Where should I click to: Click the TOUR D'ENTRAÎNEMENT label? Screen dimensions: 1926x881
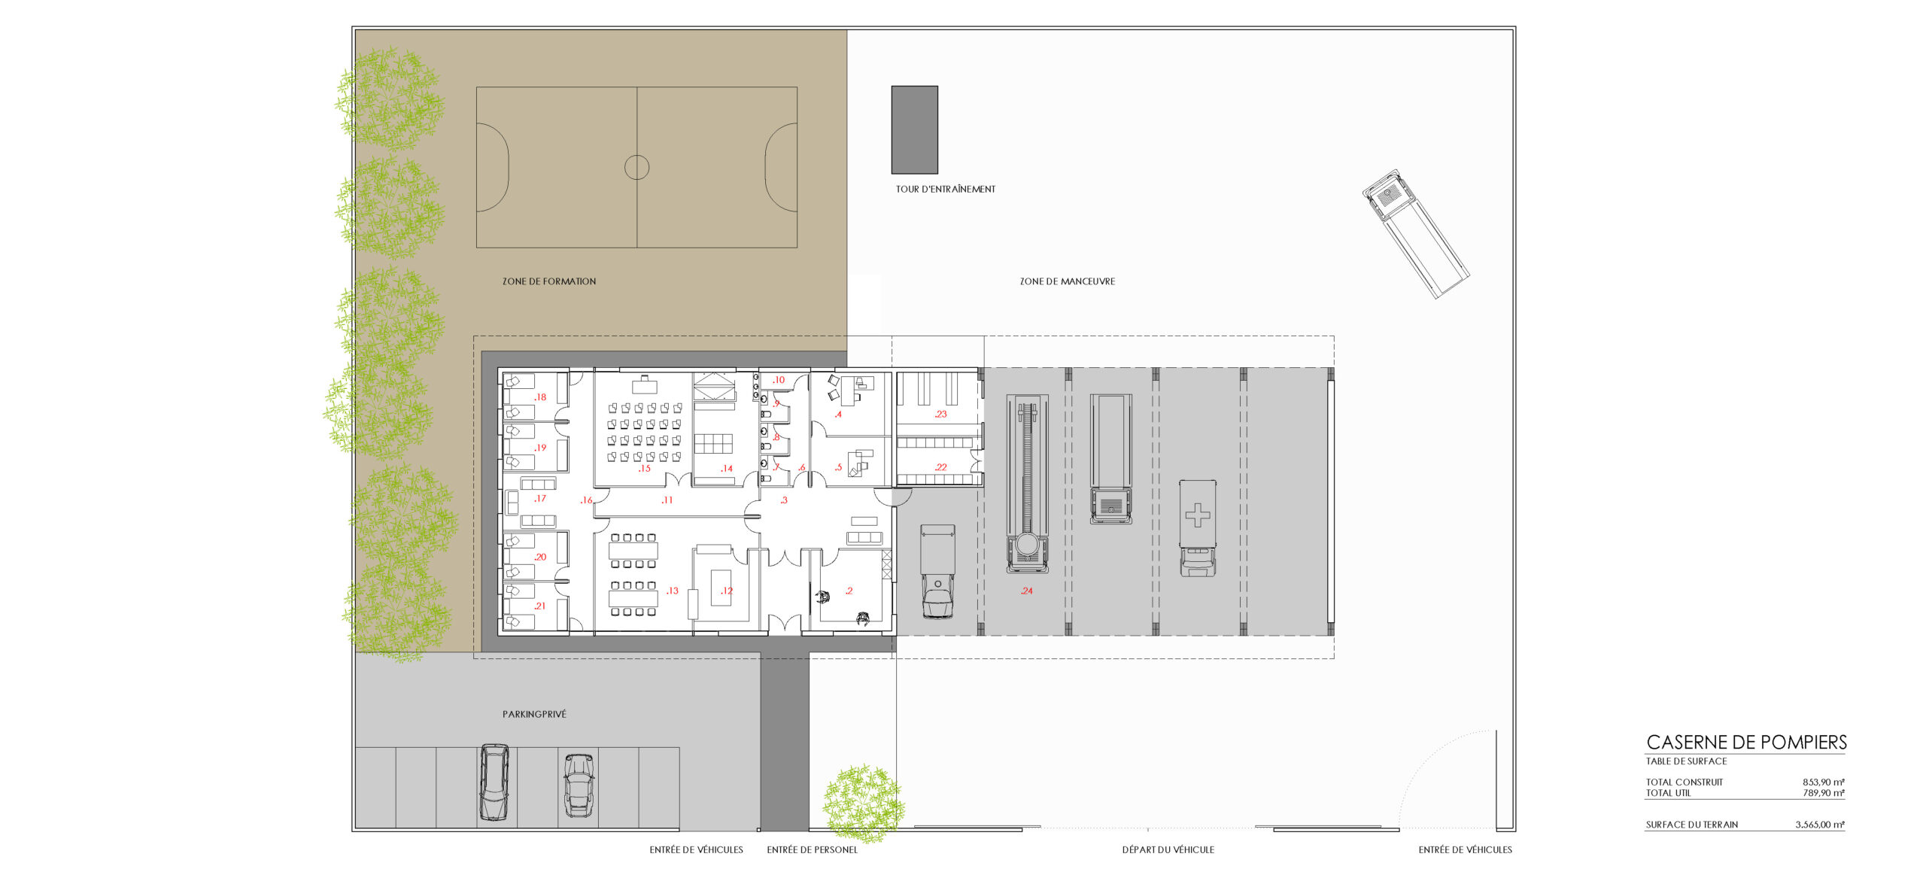point(945,190)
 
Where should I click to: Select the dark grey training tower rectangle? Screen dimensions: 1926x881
point(915,129)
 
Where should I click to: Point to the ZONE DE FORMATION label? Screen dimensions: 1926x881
point(549,281)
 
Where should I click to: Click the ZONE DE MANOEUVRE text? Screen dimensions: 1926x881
point(1068,281)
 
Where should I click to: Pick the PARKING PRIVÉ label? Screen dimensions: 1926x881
point(534,714)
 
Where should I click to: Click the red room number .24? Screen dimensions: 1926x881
point(1027,591)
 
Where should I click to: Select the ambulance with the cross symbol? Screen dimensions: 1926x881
point(1198,528)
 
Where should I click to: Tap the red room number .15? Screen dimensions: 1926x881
point(644,469)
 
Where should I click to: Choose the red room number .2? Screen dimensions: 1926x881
point(849,591)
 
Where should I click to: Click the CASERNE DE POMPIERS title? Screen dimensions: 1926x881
point(1746,743)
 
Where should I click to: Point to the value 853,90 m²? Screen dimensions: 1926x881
point(1824,782)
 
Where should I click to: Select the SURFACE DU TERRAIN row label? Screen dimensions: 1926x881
point(1692,825)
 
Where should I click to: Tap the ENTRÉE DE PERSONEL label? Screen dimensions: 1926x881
point(813,850)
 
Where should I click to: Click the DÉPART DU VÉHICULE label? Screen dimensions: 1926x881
point(1168,850)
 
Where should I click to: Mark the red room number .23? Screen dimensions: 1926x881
point(940,415)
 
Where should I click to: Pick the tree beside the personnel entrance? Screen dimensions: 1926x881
point(863,804)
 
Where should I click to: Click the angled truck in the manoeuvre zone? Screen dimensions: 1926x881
point(1415,233)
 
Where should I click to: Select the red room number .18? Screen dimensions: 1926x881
point(539,397)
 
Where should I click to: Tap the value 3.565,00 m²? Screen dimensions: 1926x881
point(1820,825)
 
